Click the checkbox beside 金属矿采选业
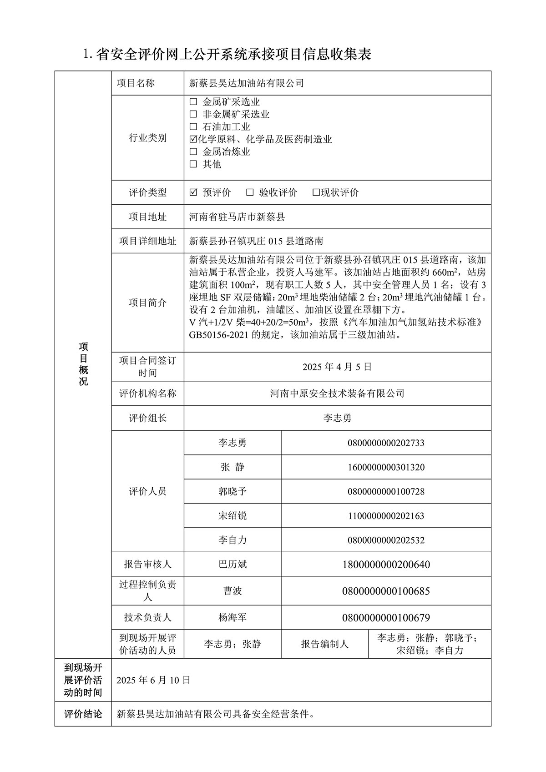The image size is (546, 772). point(193,102)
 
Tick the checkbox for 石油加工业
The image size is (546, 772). point(193,127)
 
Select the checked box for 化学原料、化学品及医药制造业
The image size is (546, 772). point(193,139)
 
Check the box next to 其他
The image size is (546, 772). point(193,164)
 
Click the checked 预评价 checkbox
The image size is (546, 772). point(193,192)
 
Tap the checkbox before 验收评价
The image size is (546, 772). point(250,192)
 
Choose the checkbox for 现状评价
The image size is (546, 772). point(316,192)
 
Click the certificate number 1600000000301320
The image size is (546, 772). point(386,467)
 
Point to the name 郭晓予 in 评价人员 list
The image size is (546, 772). point(232,491)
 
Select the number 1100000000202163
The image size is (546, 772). point(386,516)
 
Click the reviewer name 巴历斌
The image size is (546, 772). point(232,565)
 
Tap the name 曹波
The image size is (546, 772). point(232,591)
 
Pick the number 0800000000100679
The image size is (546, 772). point(386,617)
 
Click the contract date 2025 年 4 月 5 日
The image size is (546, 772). point(337,367)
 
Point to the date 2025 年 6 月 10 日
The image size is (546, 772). point(153,680)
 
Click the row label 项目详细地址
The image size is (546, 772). point(147,241)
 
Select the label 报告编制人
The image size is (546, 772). point(324,644)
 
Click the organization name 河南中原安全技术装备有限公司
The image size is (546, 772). point(337,394)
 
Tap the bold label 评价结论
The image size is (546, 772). point(83,714)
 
